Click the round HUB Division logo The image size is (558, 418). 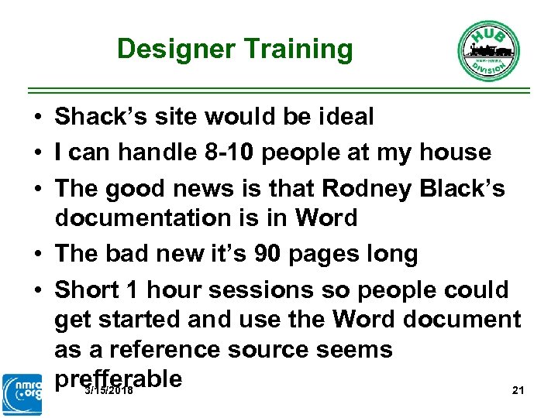click(488, 50)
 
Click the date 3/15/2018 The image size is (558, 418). click(108, 391)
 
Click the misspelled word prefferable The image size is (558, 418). click(119, 379)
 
